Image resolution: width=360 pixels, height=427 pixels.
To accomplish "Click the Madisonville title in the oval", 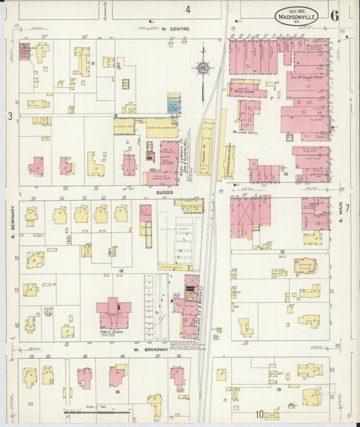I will coord(298,18).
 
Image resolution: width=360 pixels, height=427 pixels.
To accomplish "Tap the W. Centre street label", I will coord(176,29).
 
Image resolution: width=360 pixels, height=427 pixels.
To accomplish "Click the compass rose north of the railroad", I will coord(202,68).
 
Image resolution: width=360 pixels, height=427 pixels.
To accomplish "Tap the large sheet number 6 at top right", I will coord(335,15).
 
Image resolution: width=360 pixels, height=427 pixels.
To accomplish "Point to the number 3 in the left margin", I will coord(9,116).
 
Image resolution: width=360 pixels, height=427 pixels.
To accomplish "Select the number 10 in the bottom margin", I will coord(260,414).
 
